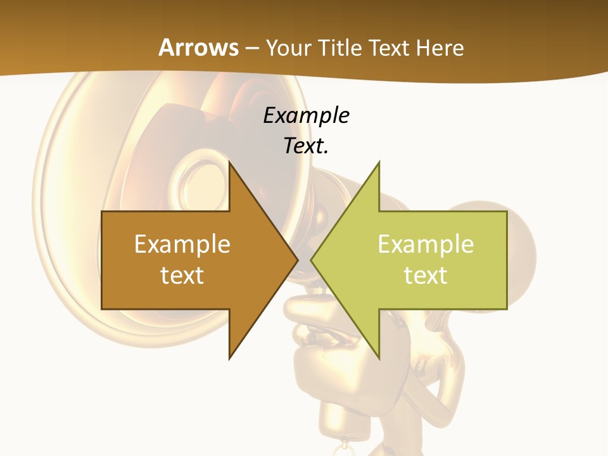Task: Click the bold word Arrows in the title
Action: (x=198, y=47)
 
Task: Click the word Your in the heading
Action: (x=288, y=47)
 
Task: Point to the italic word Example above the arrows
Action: (x=306, y=116)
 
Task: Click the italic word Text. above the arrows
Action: (x=306, y=146)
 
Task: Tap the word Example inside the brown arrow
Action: (x=182, y=244)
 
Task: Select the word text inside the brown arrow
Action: (x=182, y=275)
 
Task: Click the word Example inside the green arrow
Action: (x=426, y=244)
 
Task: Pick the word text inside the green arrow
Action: (x=426, y=275)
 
